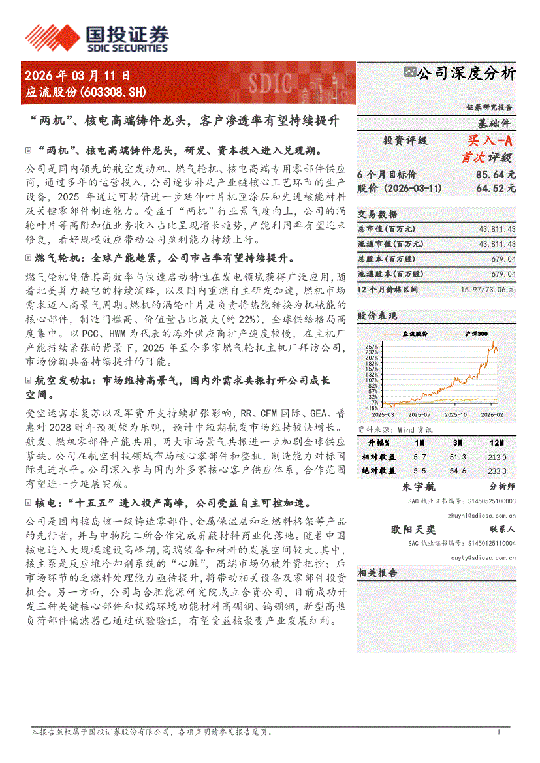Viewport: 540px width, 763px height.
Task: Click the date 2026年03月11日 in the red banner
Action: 78,76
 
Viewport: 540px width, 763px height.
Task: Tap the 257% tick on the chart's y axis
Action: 372,346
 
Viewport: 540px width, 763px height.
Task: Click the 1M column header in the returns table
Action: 419,444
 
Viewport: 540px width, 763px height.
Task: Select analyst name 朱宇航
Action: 419,487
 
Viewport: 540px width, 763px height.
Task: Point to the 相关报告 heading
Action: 377,572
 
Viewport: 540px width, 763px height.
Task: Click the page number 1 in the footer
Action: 498,733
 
